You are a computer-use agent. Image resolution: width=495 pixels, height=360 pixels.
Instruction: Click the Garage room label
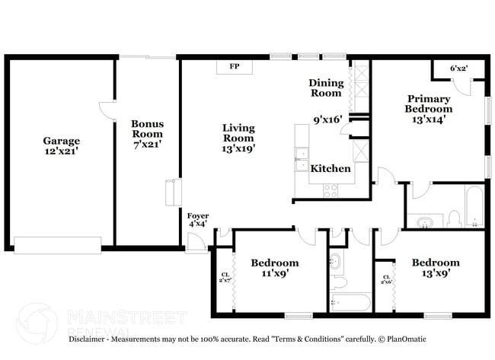[x=61, y=141]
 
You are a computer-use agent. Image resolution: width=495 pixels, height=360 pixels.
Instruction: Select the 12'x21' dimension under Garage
[x=61, y=152]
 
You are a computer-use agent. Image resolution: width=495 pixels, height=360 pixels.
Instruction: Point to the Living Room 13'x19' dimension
[x=238, y=149]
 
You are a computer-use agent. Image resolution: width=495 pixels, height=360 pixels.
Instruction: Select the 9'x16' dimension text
[x=327, y=119]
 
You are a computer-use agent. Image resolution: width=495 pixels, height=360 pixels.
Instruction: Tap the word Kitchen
[x=331, y=168]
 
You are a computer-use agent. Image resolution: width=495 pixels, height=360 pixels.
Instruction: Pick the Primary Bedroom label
[x=428, y=104]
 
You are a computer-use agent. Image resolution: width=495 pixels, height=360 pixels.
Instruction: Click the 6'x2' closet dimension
[x=458, y=68]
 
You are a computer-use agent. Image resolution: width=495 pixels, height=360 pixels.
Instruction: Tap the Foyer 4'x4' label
[x=197, y=220]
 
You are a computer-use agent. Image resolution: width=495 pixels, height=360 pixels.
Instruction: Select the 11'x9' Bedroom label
[x=274, y=269]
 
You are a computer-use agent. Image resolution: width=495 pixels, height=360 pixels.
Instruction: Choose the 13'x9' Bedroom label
[x=436, y=269]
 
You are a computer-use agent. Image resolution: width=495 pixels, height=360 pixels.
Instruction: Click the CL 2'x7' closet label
[x=225, y=279]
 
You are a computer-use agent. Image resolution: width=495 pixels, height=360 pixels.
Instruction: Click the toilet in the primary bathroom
[x=454, y=219]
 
